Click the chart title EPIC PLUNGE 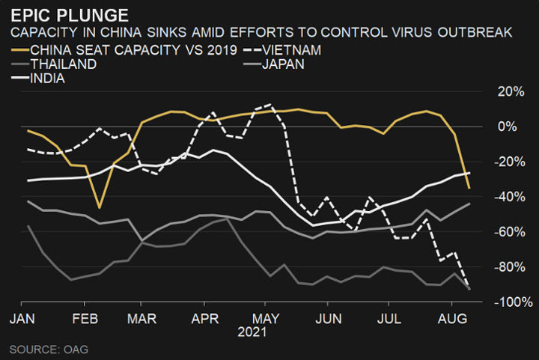click(x=68, y=15)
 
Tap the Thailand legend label click(x=64, y=64)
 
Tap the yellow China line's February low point click(x=99, y=207)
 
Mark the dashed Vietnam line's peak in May click(x=269, y=105)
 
